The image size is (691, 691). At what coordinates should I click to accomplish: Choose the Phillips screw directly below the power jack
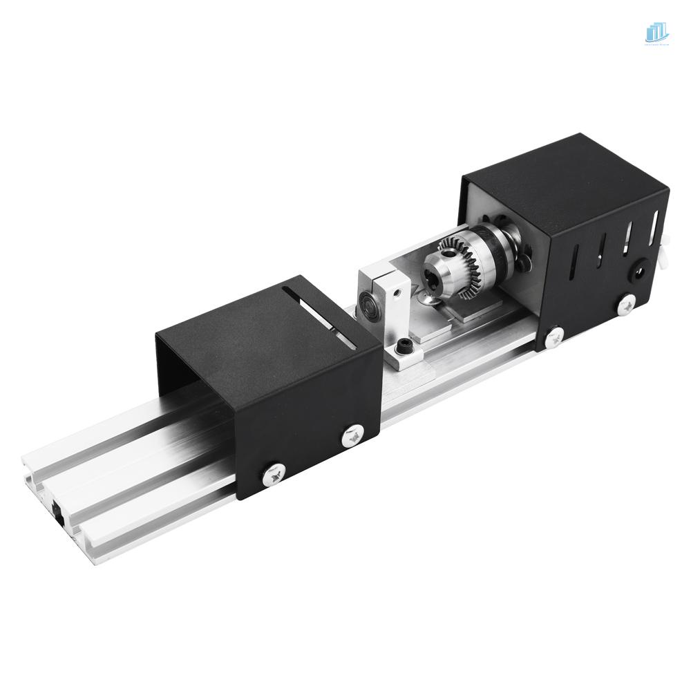[x=628, y=302]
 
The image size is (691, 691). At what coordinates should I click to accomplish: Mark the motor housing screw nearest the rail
[x=553, y=338]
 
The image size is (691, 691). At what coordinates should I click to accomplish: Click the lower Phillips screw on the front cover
[x=271, y=473]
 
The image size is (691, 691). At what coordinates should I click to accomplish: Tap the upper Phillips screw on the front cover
[x=354, y=435]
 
